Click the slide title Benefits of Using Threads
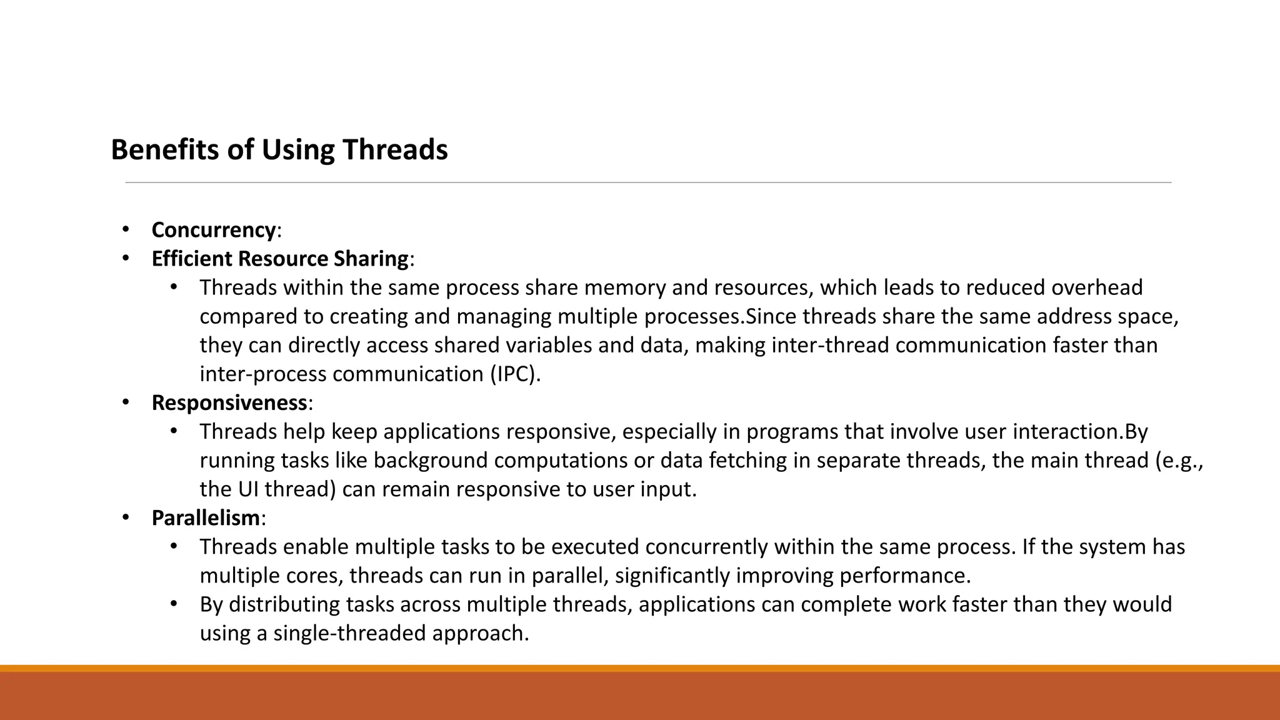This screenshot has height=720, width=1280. pos(279,150)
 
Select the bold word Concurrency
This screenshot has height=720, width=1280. pos(213,230)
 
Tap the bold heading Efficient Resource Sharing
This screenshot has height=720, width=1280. pos(280,259)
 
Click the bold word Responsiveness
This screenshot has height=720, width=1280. pos(229,403)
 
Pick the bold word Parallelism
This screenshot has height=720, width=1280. pos(206,518)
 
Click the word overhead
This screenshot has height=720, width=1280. pos(1097,287)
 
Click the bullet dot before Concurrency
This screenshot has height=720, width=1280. pos(126,229)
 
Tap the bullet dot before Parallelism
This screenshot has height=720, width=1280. pos(126,517)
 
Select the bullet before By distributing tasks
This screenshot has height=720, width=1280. pos(174,604)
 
